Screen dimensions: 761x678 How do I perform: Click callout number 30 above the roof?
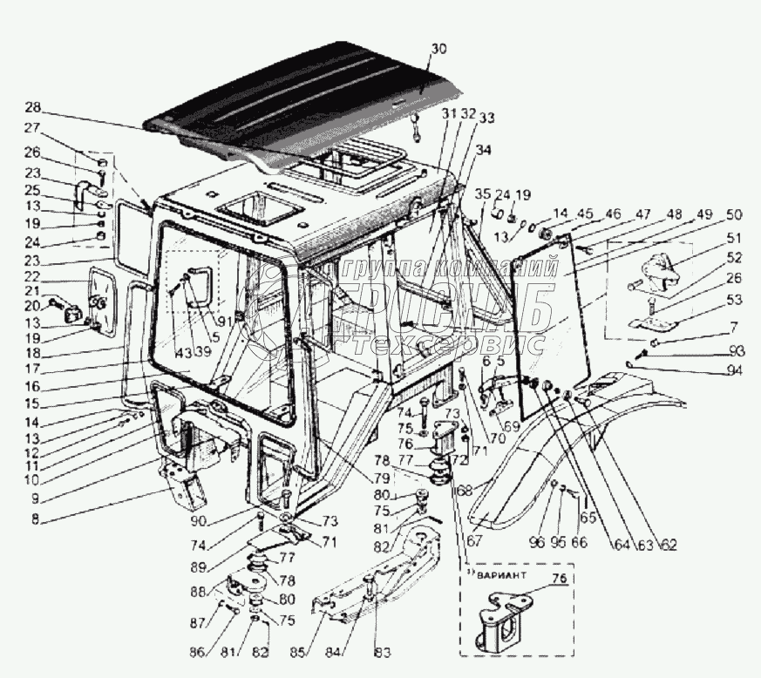[x=438, y=49]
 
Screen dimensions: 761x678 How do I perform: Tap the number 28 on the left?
[x=32, y=108]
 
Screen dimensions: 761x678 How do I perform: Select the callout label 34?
[x=483, y=149]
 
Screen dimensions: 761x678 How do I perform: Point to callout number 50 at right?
[x=733, y=214]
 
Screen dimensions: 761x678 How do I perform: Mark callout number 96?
[x=536, y=542]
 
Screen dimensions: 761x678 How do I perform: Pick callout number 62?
[x=669, y=546]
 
